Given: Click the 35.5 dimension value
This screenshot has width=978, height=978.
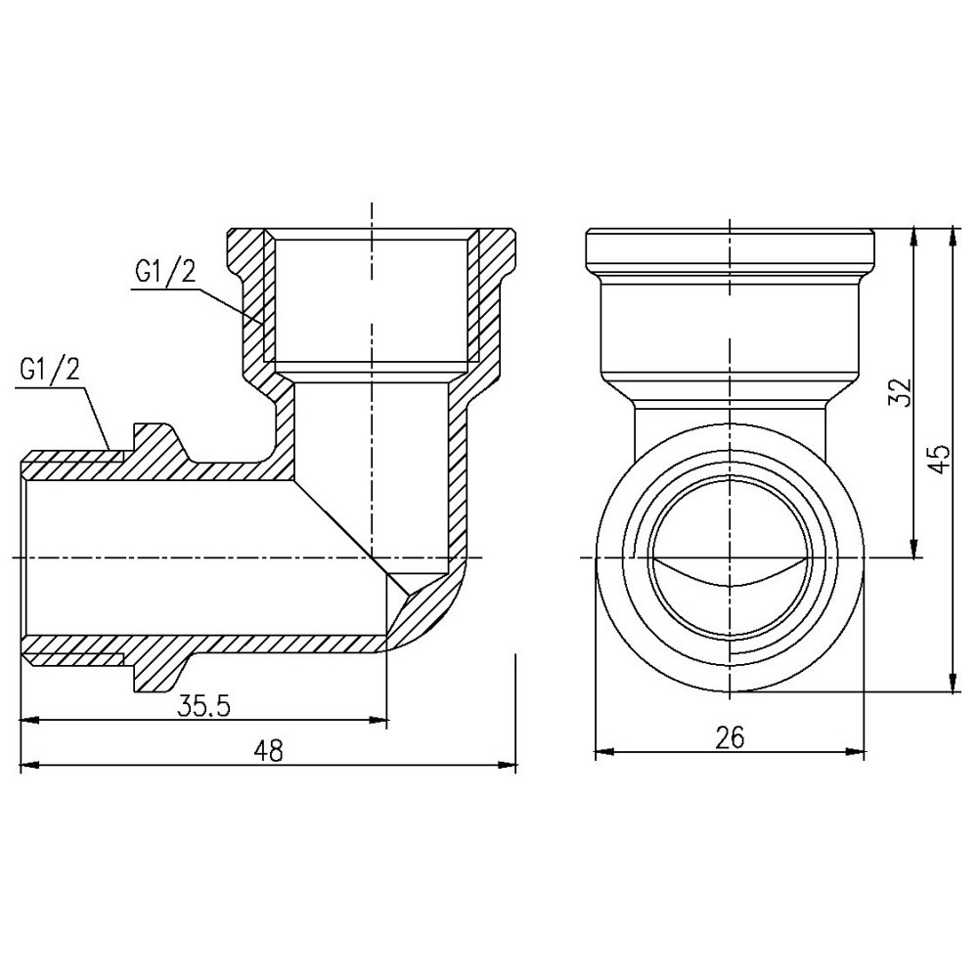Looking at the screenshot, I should [x=203, y=707].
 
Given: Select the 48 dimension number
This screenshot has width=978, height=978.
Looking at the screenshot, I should [x=268, y=751].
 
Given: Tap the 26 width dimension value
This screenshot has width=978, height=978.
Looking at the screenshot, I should [x=730, y=737].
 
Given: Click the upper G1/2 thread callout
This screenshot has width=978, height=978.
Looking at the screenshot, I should [x=165, y=273].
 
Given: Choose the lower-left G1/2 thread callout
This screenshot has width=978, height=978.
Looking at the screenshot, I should [x=49, y=369].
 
